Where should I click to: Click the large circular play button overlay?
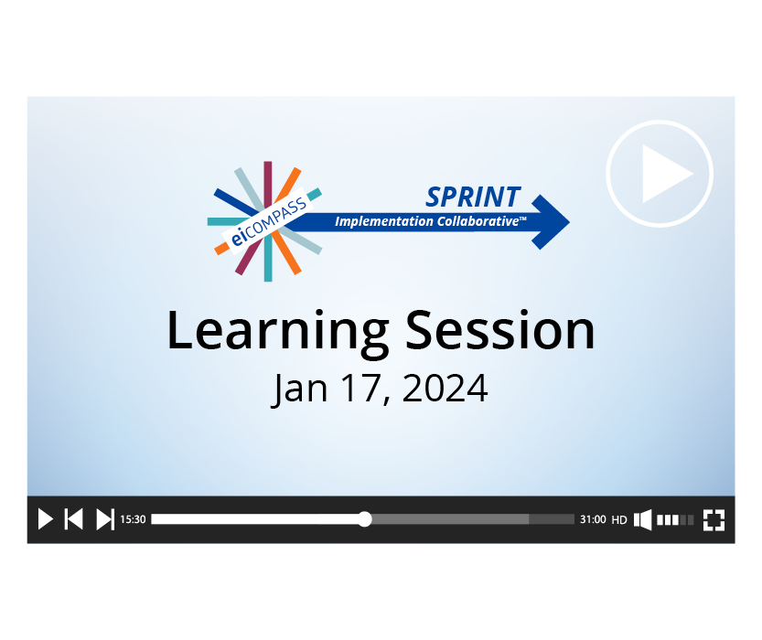coord(660,174)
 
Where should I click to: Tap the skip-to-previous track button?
coord(74,519)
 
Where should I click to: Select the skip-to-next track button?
coord(105,519)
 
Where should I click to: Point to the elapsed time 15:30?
coord(133,519)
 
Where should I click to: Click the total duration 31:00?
coord(593,519)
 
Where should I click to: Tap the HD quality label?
coord(619,519)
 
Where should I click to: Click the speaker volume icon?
coord(642,519)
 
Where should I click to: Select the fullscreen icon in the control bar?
coord(714,519)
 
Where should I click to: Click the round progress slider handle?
coord(364,519)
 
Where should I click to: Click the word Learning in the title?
coord(277,332)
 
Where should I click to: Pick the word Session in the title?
coord(500,330)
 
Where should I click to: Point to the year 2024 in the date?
coord(445,388)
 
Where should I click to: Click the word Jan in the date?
coord(299,389)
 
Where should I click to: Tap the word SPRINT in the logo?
coord(473,197)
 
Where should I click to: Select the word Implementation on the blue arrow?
coord(383,221)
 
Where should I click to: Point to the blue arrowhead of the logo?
coord(551,222)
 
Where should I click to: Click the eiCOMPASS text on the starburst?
coord(268,221)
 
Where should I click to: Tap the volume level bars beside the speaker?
coord(675,519)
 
